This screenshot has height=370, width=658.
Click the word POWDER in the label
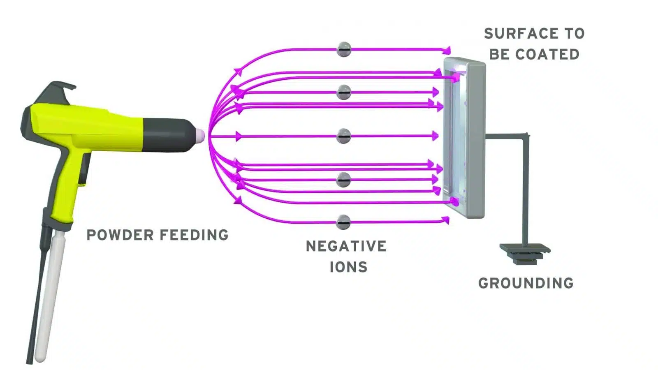tap(119, 235)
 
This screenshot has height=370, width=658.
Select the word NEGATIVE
tap(346, 246)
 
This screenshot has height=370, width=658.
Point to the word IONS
tap(348, 267)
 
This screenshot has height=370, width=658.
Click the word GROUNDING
tap(526, 283)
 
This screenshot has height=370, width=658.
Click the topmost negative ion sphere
tap(344, 49)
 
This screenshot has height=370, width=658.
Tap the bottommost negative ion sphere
tap(343, 222)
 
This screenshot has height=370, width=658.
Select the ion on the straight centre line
tap(344, 136)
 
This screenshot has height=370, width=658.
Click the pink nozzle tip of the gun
tap(199, 136)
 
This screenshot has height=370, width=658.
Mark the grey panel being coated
tap(465, 138)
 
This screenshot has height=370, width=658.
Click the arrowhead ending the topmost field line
tap(447, 51)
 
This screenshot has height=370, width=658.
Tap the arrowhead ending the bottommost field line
tap(445, 221)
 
